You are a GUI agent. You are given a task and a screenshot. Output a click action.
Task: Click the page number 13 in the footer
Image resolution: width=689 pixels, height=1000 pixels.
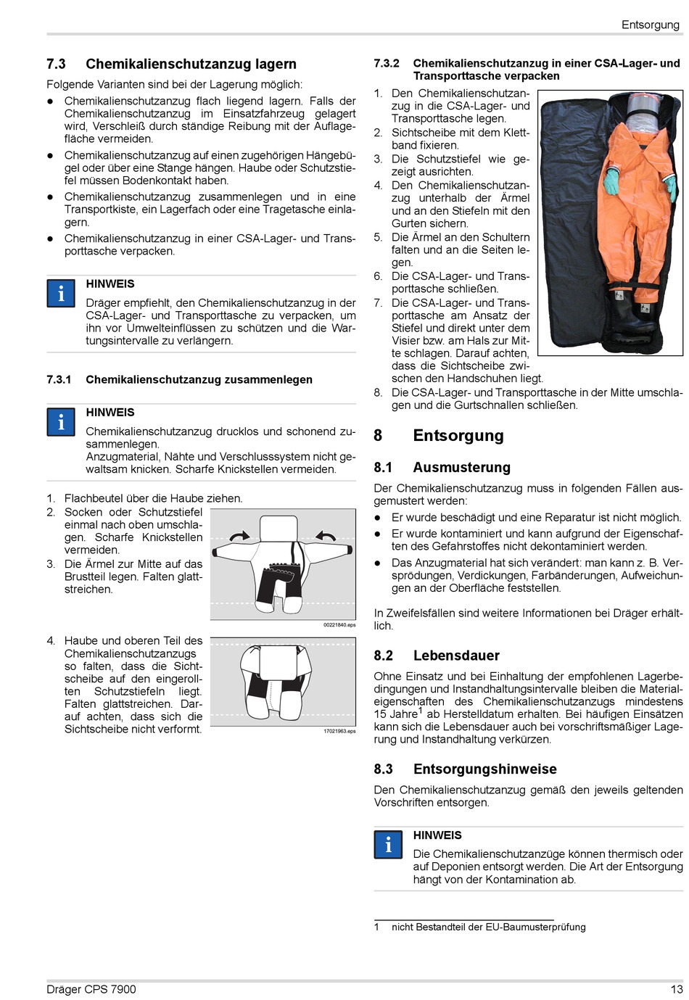(x=676, y=989)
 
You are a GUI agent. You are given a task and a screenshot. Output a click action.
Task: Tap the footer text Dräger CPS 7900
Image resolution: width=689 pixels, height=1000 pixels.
(x=91, y=989)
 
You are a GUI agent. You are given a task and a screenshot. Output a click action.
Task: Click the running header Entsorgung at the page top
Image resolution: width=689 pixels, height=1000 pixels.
(x=650, y=25)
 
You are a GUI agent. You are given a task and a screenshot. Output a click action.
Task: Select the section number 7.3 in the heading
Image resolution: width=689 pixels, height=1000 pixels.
(x=56, y=65)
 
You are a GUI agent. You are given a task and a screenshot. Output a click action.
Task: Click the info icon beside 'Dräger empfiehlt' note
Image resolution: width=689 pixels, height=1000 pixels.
(x=61, y=294)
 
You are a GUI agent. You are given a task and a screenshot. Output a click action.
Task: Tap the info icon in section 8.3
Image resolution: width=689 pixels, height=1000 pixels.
(x=388, y=845)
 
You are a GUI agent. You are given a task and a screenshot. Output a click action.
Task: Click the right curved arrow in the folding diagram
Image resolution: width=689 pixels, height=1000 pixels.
(x=326, y=537)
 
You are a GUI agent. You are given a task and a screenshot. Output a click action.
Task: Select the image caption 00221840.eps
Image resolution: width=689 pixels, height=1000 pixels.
(x=339, y=624)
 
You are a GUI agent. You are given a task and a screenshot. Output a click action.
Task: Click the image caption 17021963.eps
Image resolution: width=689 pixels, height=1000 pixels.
(x=339, y=731)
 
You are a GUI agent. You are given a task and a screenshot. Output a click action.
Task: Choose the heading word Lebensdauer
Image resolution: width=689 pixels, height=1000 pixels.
(x=456, y=656)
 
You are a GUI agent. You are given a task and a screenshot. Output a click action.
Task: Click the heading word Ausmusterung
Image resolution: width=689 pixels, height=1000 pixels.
(x=461, y=468)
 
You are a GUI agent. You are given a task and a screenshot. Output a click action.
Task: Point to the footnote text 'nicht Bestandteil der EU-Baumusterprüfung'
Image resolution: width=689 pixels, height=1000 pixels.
(x=488, y=927)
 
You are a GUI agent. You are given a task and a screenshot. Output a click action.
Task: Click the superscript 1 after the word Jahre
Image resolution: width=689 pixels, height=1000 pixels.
(x=421, y=711)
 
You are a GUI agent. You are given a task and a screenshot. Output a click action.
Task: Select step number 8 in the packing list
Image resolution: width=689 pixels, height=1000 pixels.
(x=378, y=392)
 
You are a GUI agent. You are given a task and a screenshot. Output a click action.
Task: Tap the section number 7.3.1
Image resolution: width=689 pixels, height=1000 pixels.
(x=59, y=380)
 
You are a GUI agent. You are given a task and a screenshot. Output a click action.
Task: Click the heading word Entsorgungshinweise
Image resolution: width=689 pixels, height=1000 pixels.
(x=484, y=769)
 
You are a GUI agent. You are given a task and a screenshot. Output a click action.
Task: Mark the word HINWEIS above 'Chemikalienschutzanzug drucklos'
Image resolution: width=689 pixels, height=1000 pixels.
(x=110, y=413)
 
